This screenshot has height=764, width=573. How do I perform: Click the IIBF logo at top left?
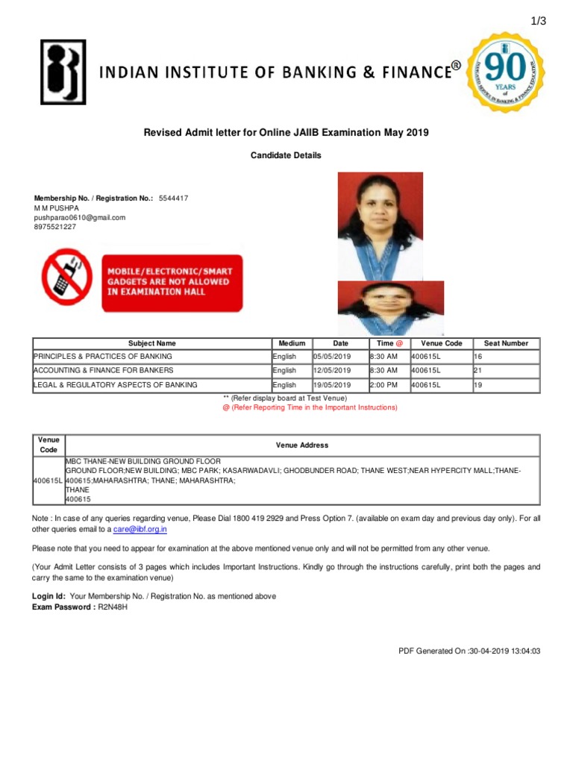pos(62,72)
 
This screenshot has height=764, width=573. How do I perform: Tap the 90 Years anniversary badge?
pos(505,72)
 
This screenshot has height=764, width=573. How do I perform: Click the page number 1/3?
pos(539,21)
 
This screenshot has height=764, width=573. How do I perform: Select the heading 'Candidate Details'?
pos(286,155)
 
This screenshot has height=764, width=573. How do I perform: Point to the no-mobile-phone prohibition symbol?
pos(66,277)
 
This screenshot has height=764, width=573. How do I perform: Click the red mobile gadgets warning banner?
pos(172,281)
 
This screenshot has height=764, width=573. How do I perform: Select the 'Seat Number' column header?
pos(506,343)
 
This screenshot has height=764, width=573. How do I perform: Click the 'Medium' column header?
pos(292,343)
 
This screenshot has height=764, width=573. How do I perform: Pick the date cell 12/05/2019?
pos(332,370)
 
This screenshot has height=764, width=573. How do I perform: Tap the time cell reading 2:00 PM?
pos(383,385)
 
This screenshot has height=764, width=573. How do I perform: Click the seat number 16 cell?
pos(505,357)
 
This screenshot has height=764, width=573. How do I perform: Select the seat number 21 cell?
pos(505,370)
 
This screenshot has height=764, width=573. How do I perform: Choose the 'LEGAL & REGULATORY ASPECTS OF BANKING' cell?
pos(116,385)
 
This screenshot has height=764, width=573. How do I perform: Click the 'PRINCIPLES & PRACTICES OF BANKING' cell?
pos(103,357)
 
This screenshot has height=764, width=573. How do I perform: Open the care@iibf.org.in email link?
pos(140,529)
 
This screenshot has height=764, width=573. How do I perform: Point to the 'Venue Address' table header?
pos(302,445)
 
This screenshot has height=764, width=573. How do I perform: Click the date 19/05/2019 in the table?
pos(332,385)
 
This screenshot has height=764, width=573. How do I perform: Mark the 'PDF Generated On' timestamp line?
pos(469,651)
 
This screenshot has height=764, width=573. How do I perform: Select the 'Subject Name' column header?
pos(152,343)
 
